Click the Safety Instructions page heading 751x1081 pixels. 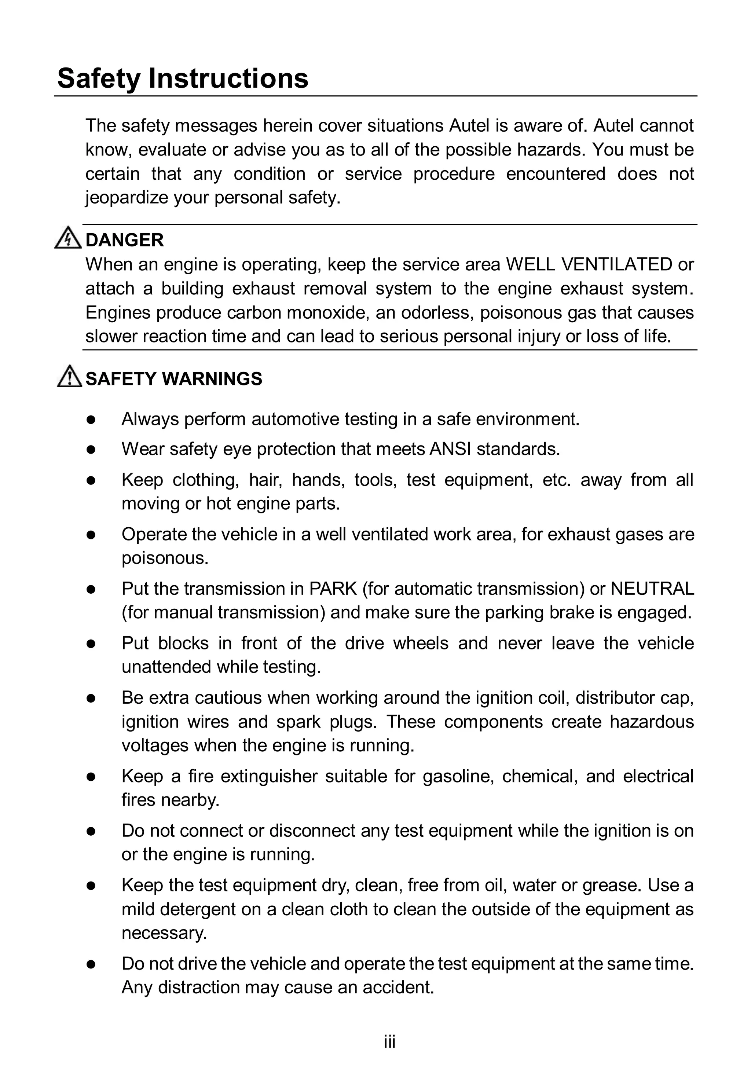[183, 78]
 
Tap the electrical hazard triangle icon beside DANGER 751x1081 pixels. [68, 238]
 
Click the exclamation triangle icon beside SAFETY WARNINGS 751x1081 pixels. [69, 377]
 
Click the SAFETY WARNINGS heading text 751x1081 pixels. [174, 379]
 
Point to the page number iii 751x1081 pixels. [389, 1042]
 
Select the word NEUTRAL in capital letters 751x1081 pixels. [652, 589]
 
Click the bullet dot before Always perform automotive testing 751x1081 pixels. [91, 419]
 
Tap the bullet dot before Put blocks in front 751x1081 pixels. [91, 644]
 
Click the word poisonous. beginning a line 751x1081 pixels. [165, 558]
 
